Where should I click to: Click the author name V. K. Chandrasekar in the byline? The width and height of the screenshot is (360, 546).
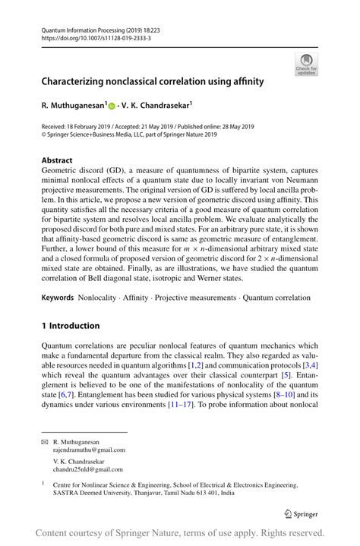[x=157, y=106]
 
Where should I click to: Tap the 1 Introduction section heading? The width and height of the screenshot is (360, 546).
[x=71, y=326]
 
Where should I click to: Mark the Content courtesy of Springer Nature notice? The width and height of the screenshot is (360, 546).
[x=180, y=532]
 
